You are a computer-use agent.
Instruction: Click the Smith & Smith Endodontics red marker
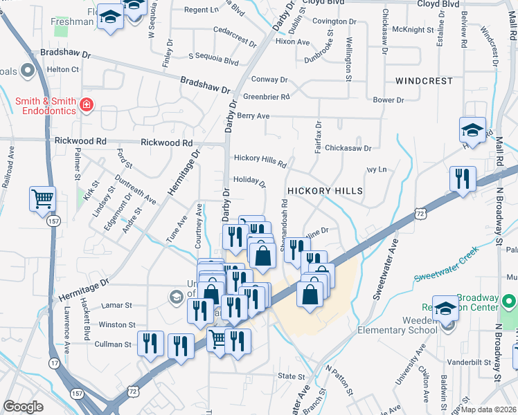coord(87,105)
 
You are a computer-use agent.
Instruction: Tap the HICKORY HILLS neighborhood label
coord(325,190)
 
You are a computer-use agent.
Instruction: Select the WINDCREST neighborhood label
coord(424,81)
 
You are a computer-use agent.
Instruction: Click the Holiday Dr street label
coord(249,181)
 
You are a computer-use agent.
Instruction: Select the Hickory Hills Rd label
coord(260,160)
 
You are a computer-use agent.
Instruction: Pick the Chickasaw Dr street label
coord(348,147)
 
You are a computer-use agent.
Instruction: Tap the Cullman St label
coord(113,344)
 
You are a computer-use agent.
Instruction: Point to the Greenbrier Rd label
coord(266,96)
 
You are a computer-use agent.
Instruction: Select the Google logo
coord(23,406)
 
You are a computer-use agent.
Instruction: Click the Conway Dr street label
coord(269,80)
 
